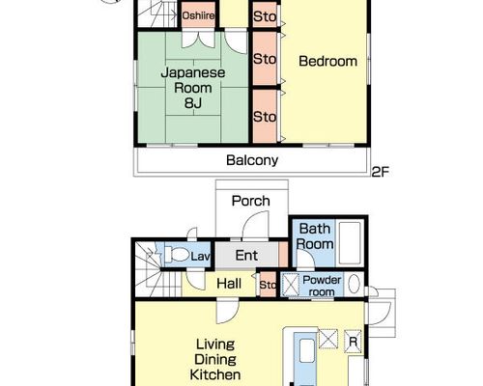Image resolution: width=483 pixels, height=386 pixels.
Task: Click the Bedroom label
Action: tap(327, 61)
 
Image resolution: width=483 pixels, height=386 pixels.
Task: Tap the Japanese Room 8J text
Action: tap(193, 88)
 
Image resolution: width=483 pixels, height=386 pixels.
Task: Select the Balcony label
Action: tap(252, 160)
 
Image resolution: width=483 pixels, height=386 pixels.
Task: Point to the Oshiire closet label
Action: tap(198, 15)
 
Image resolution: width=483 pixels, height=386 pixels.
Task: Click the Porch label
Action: tap(251, 201)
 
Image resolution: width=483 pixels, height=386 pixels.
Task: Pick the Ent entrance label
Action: tap(246, 256)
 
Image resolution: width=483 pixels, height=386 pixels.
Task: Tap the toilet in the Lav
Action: tap(177, 255)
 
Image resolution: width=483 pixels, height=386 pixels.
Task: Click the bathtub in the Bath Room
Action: tap(350, 243)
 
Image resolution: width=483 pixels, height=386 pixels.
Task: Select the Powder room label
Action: tap(322, 286)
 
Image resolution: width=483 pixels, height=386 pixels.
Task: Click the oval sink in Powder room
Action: tap(354, 284)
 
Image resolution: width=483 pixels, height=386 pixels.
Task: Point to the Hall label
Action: tap(229, 284)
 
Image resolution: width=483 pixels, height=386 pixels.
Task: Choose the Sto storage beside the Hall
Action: tap(268, 285)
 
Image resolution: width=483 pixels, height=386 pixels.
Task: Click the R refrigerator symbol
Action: tap(353, 342)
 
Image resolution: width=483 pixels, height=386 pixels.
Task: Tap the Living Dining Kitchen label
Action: tap(215, 359)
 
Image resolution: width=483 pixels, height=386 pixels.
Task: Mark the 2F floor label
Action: tap(381, 172)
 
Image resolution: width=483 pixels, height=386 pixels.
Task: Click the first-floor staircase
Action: tap(157, 269)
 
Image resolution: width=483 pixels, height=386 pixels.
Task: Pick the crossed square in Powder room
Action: tap(291, 284)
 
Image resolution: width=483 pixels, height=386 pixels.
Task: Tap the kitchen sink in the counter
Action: tap(306, 351)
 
